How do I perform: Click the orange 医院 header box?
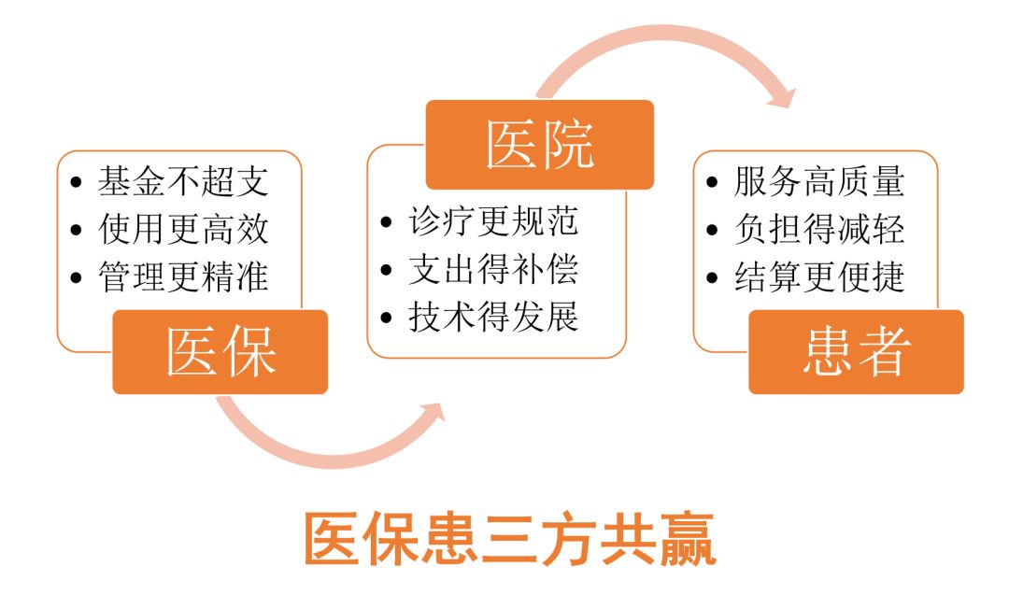coord(540,145)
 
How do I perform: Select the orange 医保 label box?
coord(220,352)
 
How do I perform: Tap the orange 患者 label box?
coord(856,352)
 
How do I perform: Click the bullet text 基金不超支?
coord(183,181)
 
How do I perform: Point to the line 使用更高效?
coord(183,229)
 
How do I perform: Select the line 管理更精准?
coord(183,277)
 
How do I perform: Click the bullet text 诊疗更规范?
coord(493,221)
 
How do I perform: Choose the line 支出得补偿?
coord(493,269)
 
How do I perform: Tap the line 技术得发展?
coord(493,318)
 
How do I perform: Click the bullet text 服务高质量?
coord(819,181)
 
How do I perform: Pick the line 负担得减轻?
coord(819,229)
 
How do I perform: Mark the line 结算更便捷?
coord(819,277)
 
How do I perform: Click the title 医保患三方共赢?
coord(510,539)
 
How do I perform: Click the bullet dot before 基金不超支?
coord(77,183)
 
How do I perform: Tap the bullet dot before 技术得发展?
coord(387,318)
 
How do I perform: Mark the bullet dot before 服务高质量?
coord(712,183)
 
